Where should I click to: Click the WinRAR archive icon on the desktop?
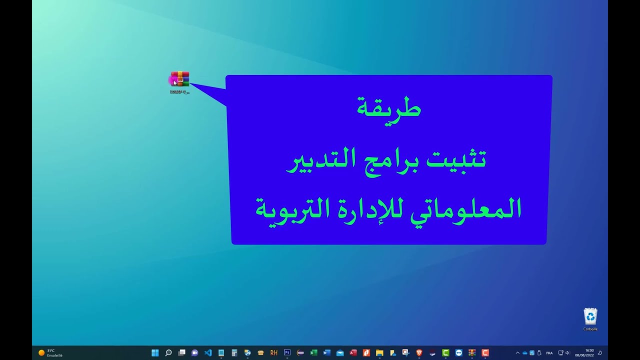point(180,79)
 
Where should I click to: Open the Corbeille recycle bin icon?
point(590,316)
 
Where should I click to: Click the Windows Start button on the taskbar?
point(155,352)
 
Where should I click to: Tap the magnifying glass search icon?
point(168,352)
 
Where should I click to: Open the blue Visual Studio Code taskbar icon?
point(208,352)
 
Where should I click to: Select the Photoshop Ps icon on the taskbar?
point(287,352)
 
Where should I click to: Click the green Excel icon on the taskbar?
point(313,352)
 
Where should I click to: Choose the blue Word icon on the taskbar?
point(327,352)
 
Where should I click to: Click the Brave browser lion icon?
point(419,352)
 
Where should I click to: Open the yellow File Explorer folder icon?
point(379,352)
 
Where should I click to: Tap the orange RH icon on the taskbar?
point(274,352)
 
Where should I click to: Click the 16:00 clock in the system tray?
point(589,352)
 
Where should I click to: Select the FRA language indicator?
point(549,353)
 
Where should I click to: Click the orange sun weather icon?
point(41,352)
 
